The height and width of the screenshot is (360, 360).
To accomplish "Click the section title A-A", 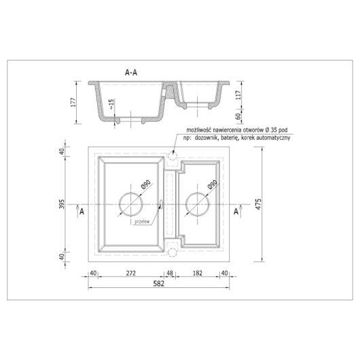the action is click(x=131, y=73).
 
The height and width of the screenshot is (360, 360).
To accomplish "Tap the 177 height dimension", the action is click(x=73, y=103).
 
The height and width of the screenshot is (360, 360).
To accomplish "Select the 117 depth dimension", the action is click(x=238, y=95).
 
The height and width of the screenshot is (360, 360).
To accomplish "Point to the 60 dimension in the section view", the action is click(x=238, y=116).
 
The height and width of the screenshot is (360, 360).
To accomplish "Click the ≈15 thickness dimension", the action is click(x=111, y=104).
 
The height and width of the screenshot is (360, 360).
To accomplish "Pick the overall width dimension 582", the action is click(x=159, y=284).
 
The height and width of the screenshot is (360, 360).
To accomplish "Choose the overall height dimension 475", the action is click(x=258, y=204).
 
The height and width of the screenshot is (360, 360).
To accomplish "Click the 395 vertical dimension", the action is click(x=62, y=204).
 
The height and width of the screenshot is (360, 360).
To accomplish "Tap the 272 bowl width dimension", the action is click(x=131, y=273).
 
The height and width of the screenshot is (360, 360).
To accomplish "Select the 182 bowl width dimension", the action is click(x=198, y=273).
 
